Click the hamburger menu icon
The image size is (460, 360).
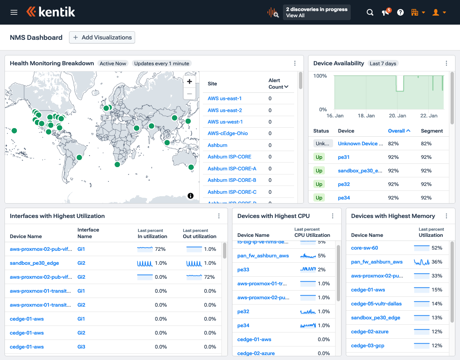coord(14,12)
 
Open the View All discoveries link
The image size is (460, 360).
coord(295,16)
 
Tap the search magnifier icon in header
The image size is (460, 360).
coord(370,12)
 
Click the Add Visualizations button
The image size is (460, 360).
coord(102,37)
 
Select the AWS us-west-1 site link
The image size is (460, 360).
coord(225,122)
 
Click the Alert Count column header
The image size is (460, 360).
coord(278,84)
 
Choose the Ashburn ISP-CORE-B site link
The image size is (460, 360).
coord(232,180)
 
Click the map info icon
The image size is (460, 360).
coord(191,196)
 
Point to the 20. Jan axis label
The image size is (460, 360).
coord(397,116)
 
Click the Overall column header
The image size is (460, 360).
coord(399,131)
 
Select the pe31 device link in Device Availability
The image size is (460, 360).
coord(344,157)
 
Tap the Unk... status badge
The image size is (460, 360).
coord(323,144)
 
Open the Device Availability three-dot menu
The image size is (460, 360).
coord(446,63)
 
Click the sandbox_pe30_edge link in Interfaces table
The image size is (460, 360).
coord(34,263)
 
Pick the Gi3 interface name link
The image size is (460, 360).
coord(81,347)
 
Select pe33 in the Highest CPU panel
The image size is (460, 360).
coord(243,270)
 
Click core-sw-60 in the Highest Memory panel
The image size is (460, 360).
coord(365,248)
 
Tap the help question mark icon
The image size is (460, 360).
coord(400,12)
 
